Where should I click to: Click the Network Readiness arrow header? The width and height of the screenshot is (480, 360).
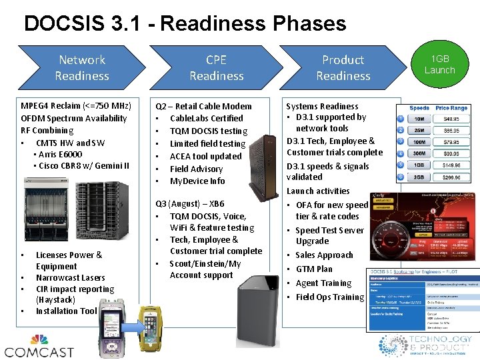point(81,68)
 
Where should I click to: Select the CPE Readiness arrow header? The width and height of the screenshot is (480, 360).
point(216,68)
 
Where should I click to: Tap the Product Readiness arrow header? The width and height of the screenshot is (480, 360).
point(343,68)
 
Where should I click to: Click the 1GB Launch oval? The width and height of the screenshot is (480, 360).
point(439,65)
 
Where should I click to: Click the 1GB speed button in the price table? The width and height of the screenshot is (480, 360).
point(420,165)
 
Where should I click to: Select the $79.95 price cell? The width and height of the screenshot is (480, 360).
point(451,141)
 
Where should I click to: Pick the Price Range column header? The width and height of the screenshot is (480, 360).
point(451,107)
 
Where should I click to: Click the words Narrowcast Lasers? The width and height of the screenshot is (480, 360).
point(71,277)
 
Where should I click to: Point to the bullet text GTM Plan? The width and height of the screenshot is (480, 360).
point(314,269)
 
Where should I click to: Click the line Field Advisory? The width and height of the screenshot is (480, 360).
point(196,169)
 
